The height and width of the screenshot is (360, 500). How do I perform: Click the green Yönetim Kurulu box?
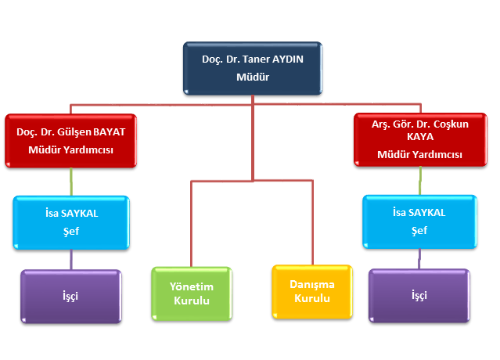pos(192,293)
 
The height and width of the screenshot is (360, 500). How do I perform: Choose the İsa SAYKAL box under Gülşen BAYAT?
pos(70,222)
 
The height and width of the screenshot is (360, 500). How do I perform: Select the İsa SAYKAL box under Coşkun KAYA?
pos(419,221)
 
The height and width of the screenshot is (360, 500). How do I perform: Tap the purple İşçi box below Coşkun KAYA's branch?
pos(419,296)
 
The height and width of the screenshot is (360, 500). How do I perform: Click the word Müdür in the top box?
pos(253,77)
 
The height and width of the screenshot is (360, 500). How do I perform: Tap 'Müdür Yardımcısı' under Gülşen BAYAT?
pos(71,149)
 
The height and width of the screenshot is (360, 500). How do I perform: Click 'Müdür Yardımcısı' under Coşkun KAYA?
pos(419,154)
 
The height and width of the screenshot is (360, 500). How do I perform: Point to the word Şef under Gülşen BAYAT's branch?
pos(70,231)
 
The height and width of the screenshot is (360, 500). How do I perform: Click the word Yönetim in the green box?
pos(192,286)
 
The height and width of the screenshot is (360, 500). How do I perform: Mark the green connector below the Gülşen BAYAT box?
pos(71,182)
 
